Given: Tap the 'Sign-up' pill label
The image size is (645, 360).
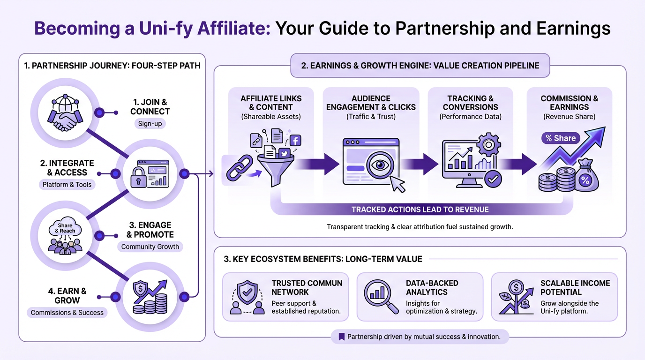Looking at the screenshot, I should (150, 124).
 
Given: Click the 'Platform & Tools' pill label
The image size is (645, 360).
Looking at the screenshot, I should (67, 184).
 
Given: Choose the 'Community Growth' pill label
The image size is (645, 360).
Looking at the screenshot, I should (150, 247).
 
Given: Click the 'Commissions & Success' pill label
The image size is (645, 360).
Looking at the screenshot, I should (67, 312).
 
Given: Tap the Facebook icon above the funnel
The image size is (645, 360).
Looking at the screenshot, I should (295, 140).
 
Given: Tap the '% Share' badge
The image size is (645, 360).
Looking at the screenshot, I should (561, 138).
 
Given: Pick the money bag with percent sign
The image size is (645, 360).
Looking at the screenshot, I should (586, 176).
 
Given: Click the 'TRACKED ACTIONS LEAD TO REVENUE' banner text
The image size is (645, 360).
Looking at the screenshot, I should (420, 210).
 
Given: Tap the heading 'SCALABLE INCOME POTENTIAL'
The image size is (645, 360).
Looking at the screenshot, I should (575, 287).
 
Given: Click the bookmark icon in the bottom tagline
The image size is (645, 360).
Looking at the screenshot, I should (341, 337).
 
